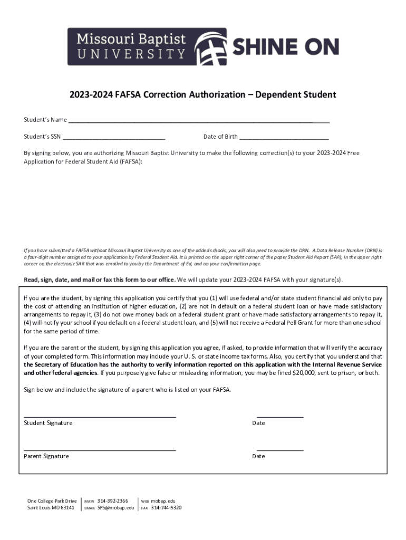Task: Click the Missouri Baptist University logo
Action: pos(147,46)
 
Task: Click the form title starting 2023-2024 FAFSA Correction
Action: pos(202,95)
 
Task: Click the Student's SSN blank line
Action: pos(114,138)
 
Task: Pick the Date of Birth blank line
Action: pos(284,138)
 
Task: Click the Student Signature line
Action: pos(100,417)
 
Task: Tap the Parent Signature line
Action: pos(100,450)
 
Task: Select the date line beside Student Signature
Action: pos(280,417)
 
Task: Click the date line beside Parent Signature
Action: pos(280,450)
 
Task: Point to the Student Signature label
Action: pos(48,423)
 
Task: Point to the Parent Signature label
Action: pos(46,456)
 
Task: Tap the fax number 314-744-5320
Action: pos(166,508)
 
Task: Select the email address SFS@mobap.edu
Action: pos(115,508)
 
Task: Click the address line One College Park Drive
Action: pos(52,500)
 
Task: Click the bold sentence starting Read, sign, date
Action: pos(100,279)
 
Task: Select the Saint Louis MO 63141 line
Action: pos(51,508)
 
